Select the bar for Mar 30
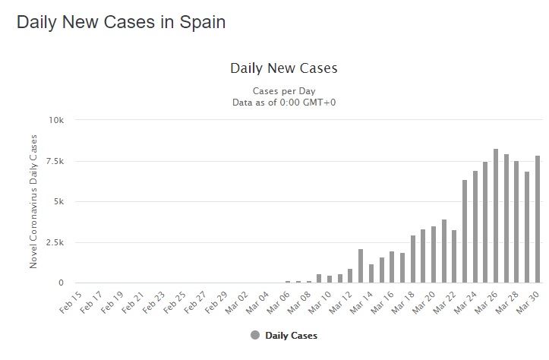(538, 219)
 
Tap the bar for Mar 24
(475, 227)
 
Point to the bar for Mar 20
(434, 254)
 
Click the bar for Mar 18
(412, 259)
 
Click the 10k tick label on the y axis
(57, 120)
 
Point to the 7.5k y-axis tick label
(55, 161)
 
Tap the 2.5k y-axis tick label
(55, 242)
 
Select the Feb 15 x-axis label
(69, 302)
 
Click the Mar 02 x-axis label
(235, 302)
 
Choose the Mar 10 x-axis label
(317, 302)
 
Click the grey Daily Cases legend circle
(254, 335)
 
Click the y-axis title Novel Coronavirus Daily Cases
(33, 201)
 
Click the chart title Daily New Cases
(283, 68)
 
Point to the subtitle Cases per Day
(283, 90)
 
